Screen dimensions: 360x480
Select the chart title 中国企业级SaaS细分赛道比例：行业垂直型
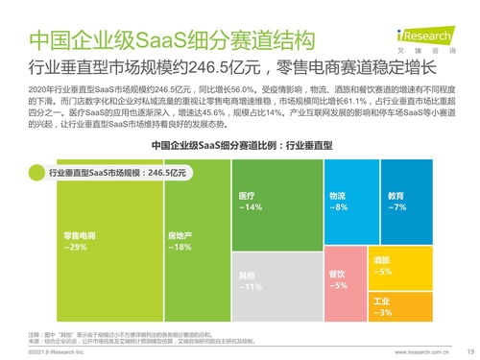[x=241, y=144]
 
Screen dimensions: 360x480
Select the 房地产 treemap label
[x=180, y=235]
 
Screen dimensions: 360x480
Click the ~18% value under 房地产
[x=180, y=248]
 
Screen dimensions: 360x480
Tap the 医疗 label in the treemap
[x=247, y=195]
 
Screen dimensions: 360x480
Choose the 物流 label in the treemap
[x=337, y=195]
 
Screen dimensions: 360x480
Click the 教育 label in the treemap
[x=396, y=195]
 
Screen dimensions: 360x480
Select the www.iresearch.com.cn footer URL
[x=408, y=352]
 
